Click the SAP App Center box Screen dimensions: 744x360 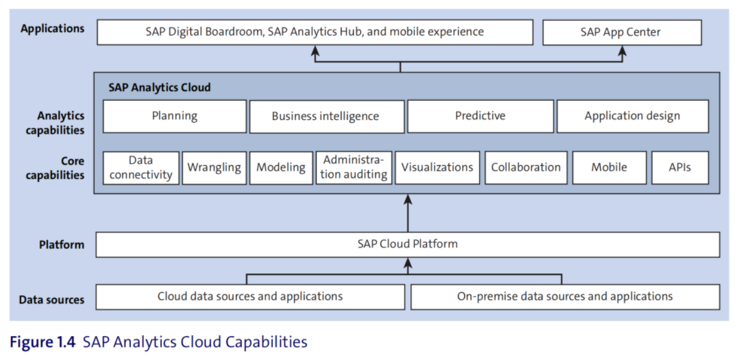pos(622,32)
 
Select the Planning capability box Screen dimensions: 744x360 pos(175,116)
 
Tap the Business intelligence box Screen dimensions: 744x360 pos(327,117)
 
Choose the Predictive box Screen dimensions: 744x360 pos(480,116)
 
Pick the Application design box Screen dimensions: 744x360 pos(632,116)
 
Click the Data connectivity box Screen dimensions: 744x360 pos(141,168)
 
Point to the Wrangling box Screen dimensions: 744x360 pos(215,168)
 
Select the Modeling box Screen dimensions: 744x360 pos(281,168)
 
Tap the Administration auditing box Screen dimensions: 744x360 pos(354,168)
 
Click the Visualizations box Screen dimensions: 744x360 pos(437,168)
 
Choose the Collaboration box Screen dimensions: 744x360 pos(526,168)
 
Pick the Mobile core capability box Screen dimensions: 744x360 pos(609,168)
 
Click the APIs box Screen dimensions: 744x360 pos(680,168)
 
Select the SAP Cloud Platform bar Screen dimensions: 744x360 pos(407,245)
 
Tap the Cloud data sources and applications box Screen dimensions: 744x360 pos(250,297)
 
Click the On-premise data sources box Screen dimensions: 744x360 pos(565,297)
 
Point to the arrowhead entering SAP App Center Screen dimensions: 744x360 pos(622,50)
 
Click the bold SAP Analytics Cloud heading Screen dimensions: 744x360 pos(159,88)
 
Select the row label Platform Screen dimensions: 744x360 pos(62,245)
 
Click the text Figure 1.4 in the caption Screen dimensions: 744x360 pos(43,342)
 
